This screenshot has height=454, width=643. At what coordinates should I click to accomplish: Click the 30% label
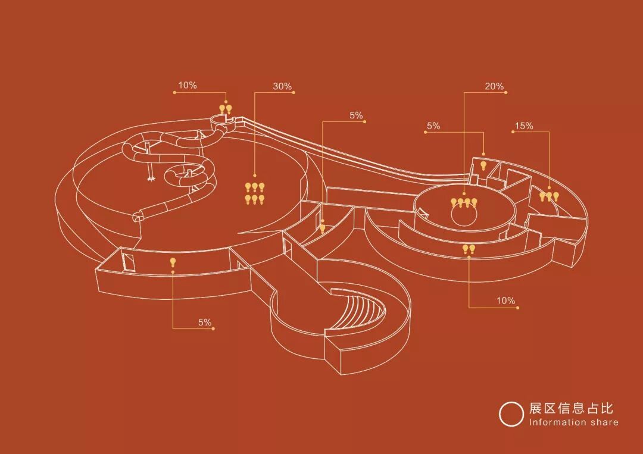click(x=282, y=86)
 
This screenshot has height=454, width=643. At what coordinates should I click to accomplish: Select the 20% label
click(x=494, y=86)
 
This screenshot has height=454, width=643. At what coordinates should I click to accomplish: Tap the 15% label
click(x=524, y=126)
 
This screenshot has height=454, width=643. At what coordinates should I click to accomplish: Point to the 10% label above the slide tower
click(x=188, y=86)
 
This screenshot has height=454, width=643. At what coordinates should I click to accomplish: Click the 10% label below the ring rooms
click(x=505, y=301)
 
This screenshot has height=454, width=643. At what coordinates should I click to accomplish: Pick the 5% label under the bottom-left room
click(x=205, y=323)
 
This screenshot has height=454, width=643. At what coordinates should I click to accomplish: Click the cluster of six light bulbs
click(x=254, y=193)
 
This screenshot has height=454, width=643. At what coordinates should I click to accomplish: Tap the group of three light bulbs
click(x=549, y=195)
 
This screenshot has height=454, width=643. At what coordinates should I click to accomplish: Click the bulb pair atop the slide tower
click(x=226, y=109)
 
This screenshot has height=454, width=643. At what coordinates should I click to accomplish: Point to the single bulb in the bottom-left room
click(x=173, y=262)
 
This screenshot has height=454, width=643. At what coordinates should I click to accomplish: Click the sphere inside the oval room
click(x=464, y=215)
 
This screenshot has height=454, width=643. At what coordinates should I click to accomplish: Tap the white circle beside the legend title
click(x=511, y=414)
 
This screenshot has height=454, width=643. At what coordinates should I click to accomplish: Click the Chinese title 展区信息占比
click(x=571, y=409)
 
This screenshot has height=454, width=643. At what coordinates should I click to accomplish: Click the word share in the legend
click(x=605, y=422)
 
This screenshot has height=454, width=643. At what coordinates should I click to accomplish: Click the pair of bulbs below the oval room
click(x=469, y=249)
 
